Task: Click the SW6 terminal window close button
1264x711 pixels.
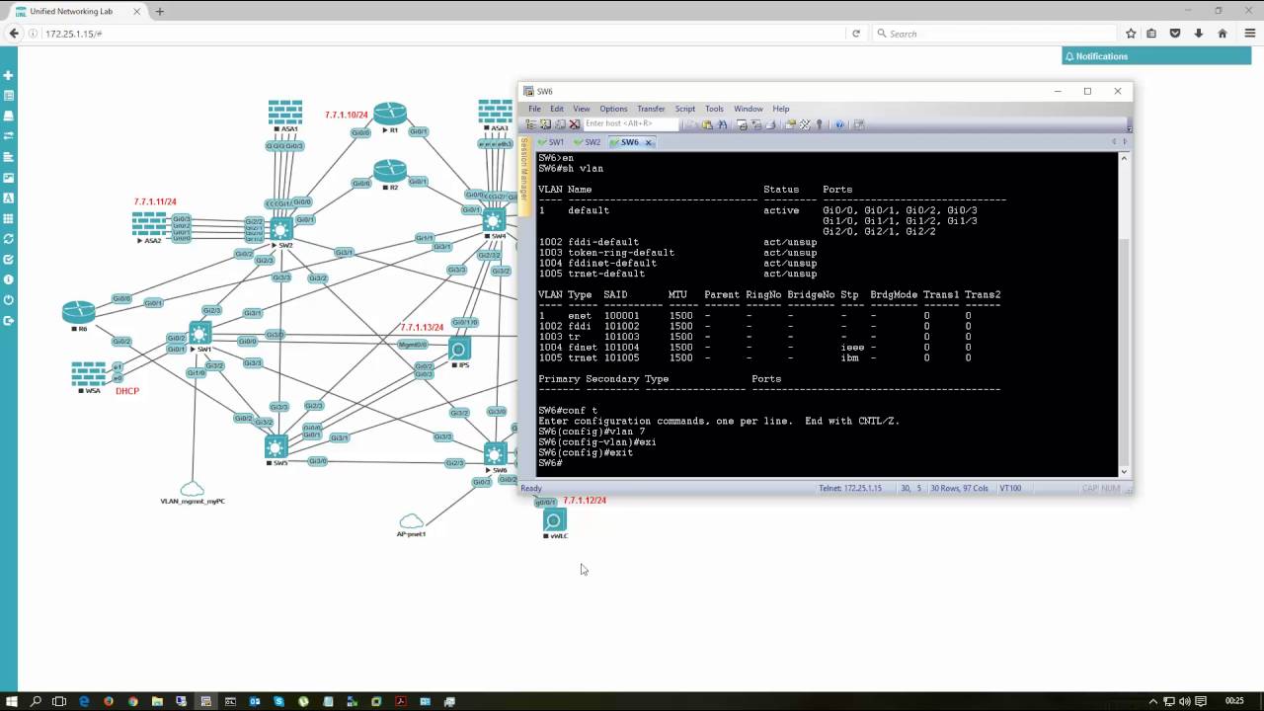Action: pyautogui.click(x=1117, y=91)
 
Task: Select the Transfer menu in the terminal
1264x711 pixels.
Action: pyautogui.click(x=651, y=109)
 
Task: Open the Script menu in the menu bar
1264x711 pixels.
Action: pyautogui.click(x=684, y=109)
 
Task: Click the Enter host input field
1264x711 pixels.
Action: pyautogui.click(x=630, y=124)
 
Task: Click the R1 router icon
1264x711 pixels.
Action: pyautogui.click(x=390, y=113)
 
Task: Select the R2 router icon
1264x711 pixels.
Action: pyautogui.click(x=390, y=170)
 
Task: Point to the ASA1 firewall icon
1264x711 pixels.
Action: pyautogui.click(x=285, y=112)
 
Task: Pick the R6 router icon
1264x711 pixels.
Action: pyautogui.click(x=79, y=312)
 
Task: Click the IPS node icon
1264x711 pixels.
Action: pyautogui.click(x=459, y=349)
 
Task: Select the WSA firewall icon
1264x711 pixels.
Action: pyautogui.click(x=89, y=374)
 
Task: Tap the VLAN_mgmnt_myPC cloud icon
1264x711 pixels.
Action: pyautogui.click(x=193, y=489)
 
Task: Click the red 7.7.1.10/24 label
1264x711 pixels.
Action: pyautogui.click(x=346, y=116)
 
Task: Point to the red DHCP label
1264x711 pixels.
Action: pyautogui.click(x=127, y=391)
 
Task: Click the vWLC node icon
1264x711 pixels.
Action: pyautogui.click(x=554, y=520)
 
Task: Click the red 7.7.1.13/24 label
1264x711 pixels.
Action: pyautogui.click(x=422, y=328)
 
